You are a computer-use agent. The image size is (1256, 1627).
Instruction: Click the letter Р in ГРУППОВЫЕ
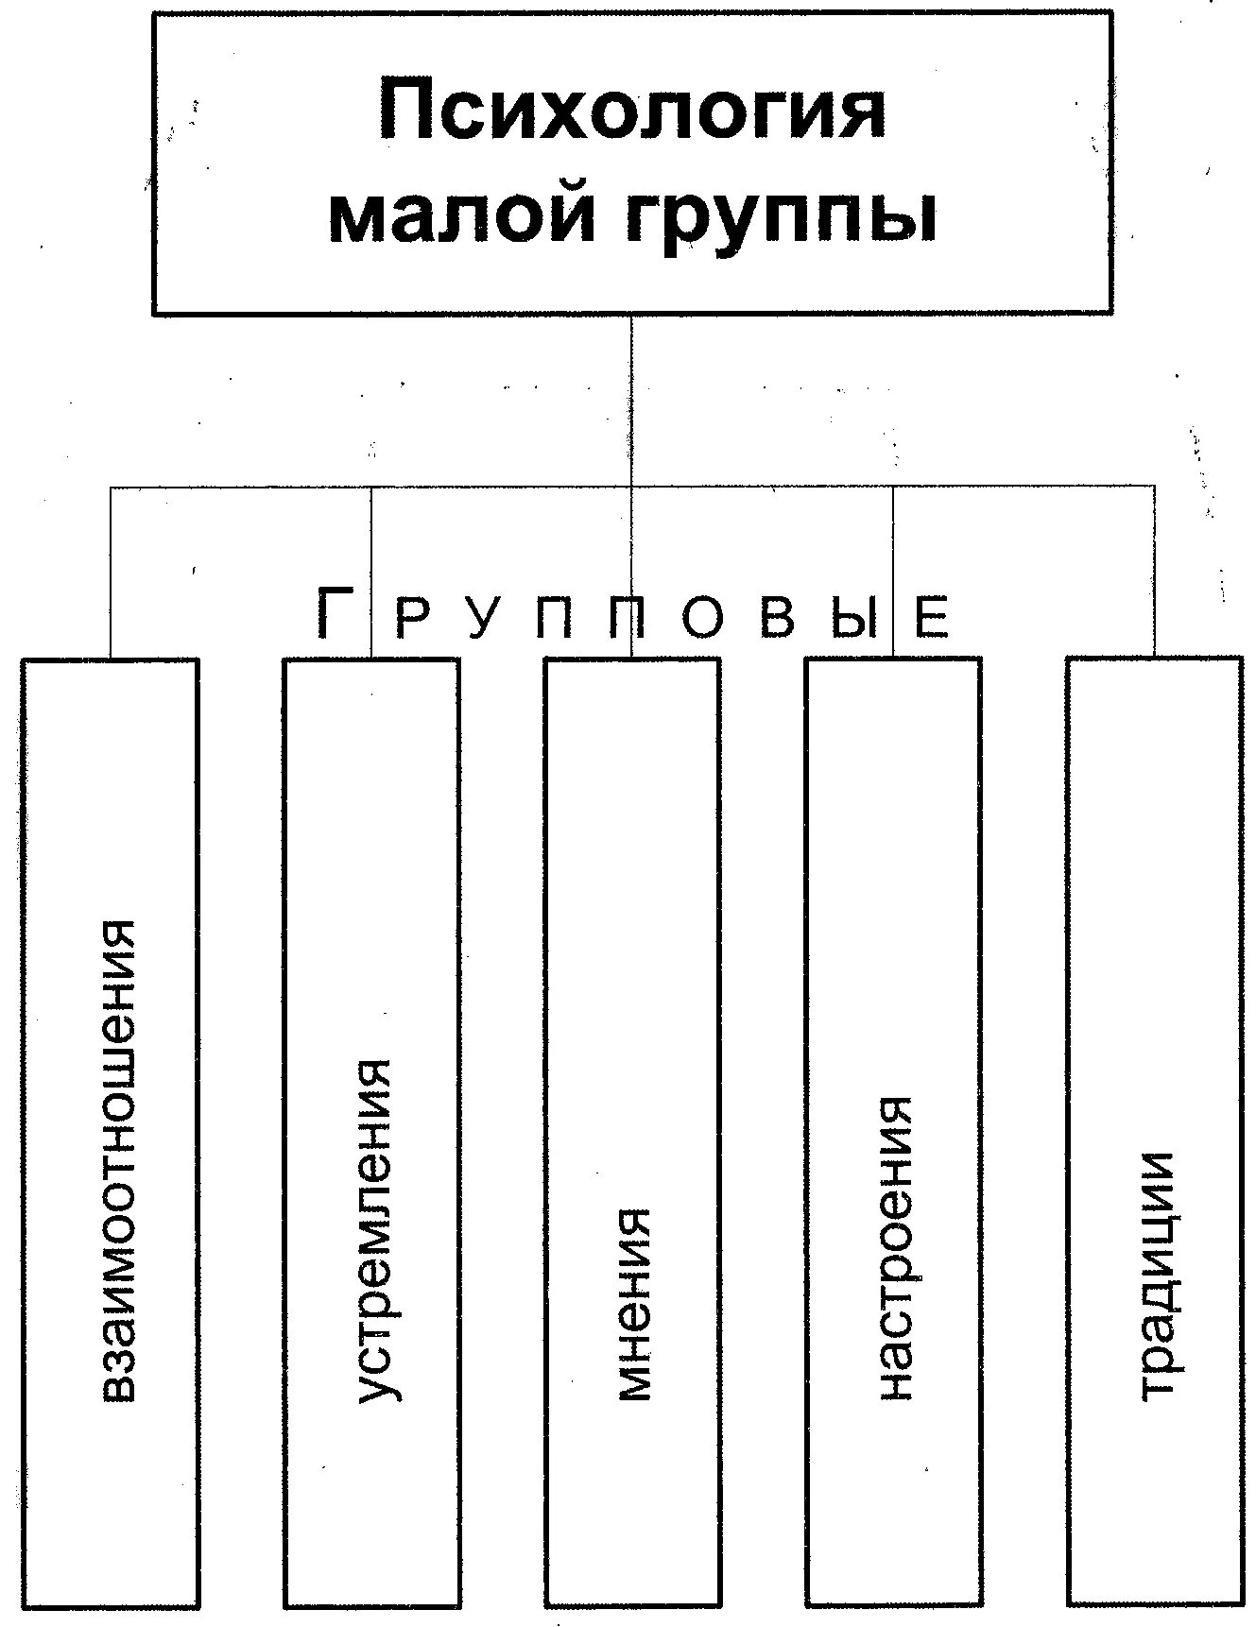[x=413, y=618]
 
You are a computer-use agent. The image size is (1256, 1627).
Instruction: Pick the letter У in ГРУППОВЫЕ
[x=484, y=618]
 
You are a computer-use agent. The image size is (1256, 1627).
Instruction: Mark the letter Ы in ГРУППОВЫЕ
[x=854, y=618]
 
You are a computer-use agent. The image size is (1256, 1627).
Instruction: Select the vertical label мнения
[x=632, y=1304]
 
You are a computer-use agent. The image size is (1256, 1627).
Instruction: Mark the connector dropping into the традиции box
[x=1154, y=572]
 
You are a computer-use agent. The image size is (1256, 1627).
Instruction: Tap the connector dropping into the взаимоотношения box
[x=111, y=572]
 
